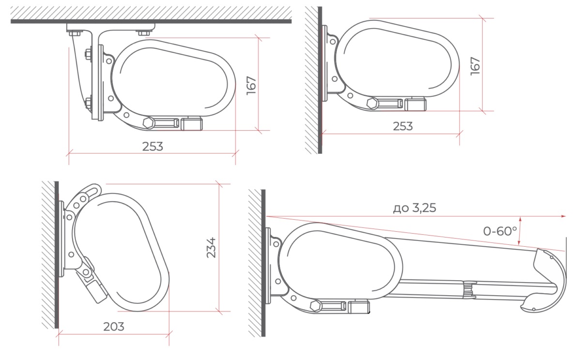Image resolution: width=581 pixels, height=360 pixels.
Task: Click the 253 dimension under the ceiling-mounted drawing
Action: (153, 147)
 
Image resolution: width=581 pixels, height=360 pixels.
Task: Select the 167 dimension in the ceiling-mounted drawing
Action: (251, 86)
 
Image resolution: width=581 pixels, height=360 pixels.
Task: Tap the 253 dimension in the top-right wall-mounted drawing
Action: (402, 126)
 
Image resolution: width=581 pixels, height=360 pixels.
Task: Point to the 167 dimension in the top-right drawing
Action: (475, 66)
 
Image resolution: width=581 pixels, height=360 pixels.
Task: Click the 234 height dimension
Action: (211, 248)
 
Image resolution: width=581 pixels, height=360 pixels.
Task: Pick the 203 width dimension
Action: (114, 327)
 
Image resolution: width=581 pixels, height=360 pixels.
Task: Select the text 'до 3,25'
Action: (414, 208)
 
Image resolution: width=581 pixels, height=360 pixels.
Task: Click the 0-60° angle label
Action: (500, 231)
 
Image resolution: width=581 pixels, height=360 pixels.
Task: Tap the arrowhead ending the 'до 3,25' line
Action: (564, 216)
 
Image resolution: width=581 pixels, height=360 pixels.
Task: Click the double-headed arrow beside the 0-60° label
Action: (519, 231)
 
